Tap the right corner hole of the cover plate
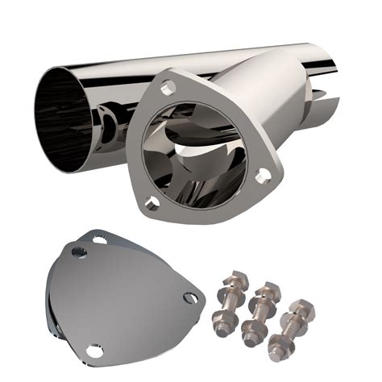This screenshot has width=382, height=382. tap(189, 297)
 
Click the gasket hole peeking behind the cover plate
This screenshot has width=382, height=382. tap(99, 239)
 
